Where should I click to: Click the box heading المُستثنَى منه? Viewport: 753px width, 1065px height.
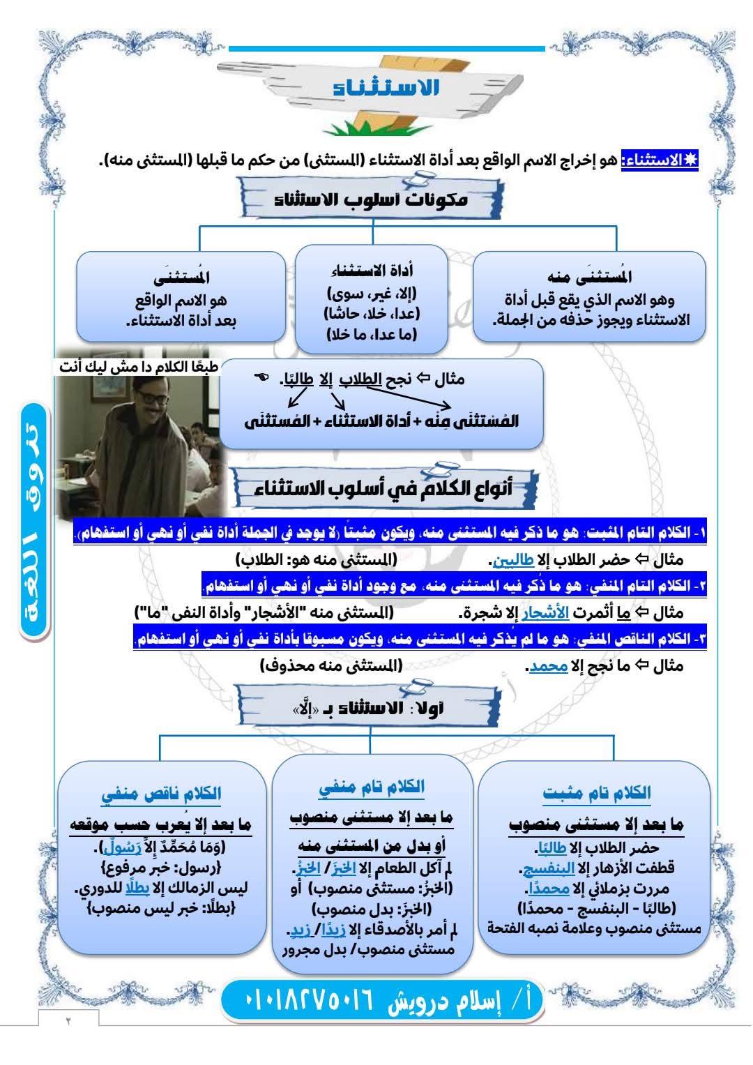pos(590,277)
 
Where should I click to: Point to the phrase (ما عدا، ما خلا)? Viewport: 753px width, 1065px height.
pos(372,334)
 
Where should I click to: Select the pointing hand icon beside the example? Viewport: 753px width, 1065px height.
pos(261,377)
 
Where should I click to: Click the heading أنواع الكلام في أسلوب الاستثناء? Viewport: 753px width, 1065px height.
pos(384,488)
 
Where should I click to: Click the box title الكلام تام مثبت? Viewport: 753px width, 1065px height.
pos(596,793)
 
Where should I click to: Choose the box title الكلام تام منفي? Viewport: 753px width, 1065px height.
pos(372,787)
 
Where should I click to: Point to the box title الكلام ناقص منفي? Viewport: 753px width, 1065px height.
pos(161,794)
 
